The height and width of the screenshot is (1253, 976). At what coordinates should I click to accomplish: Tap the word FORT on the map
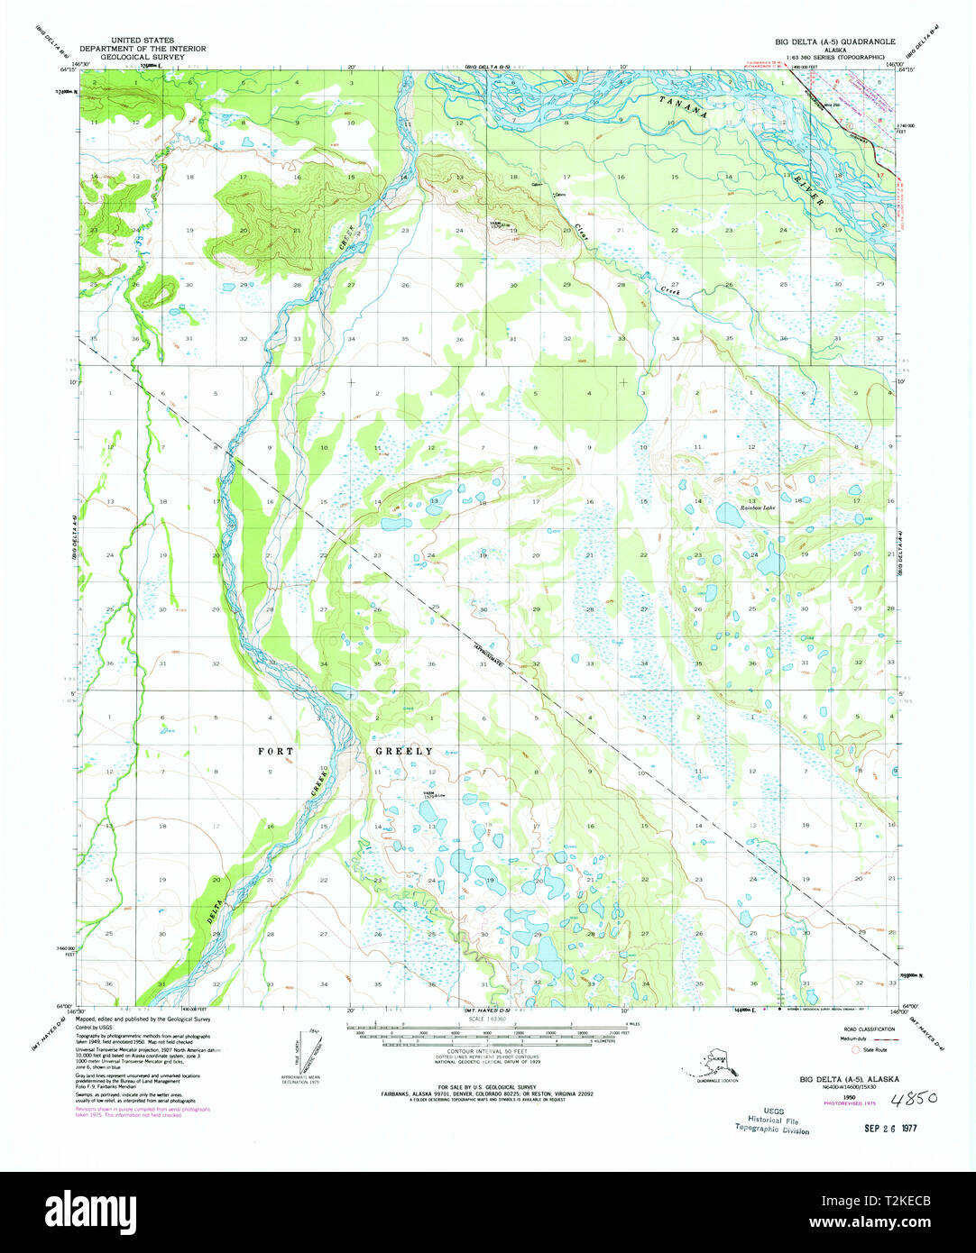point(276,751)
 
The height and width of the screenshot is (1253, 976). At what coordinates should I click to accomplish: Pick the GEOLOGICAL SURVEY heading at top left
point(143,56)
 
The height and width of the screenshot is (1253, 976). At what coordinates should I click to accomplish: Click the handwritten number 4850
point(913,1100)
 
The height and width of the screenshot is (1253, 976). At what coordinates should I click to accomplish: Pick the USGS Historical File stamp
point(772,1122)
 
